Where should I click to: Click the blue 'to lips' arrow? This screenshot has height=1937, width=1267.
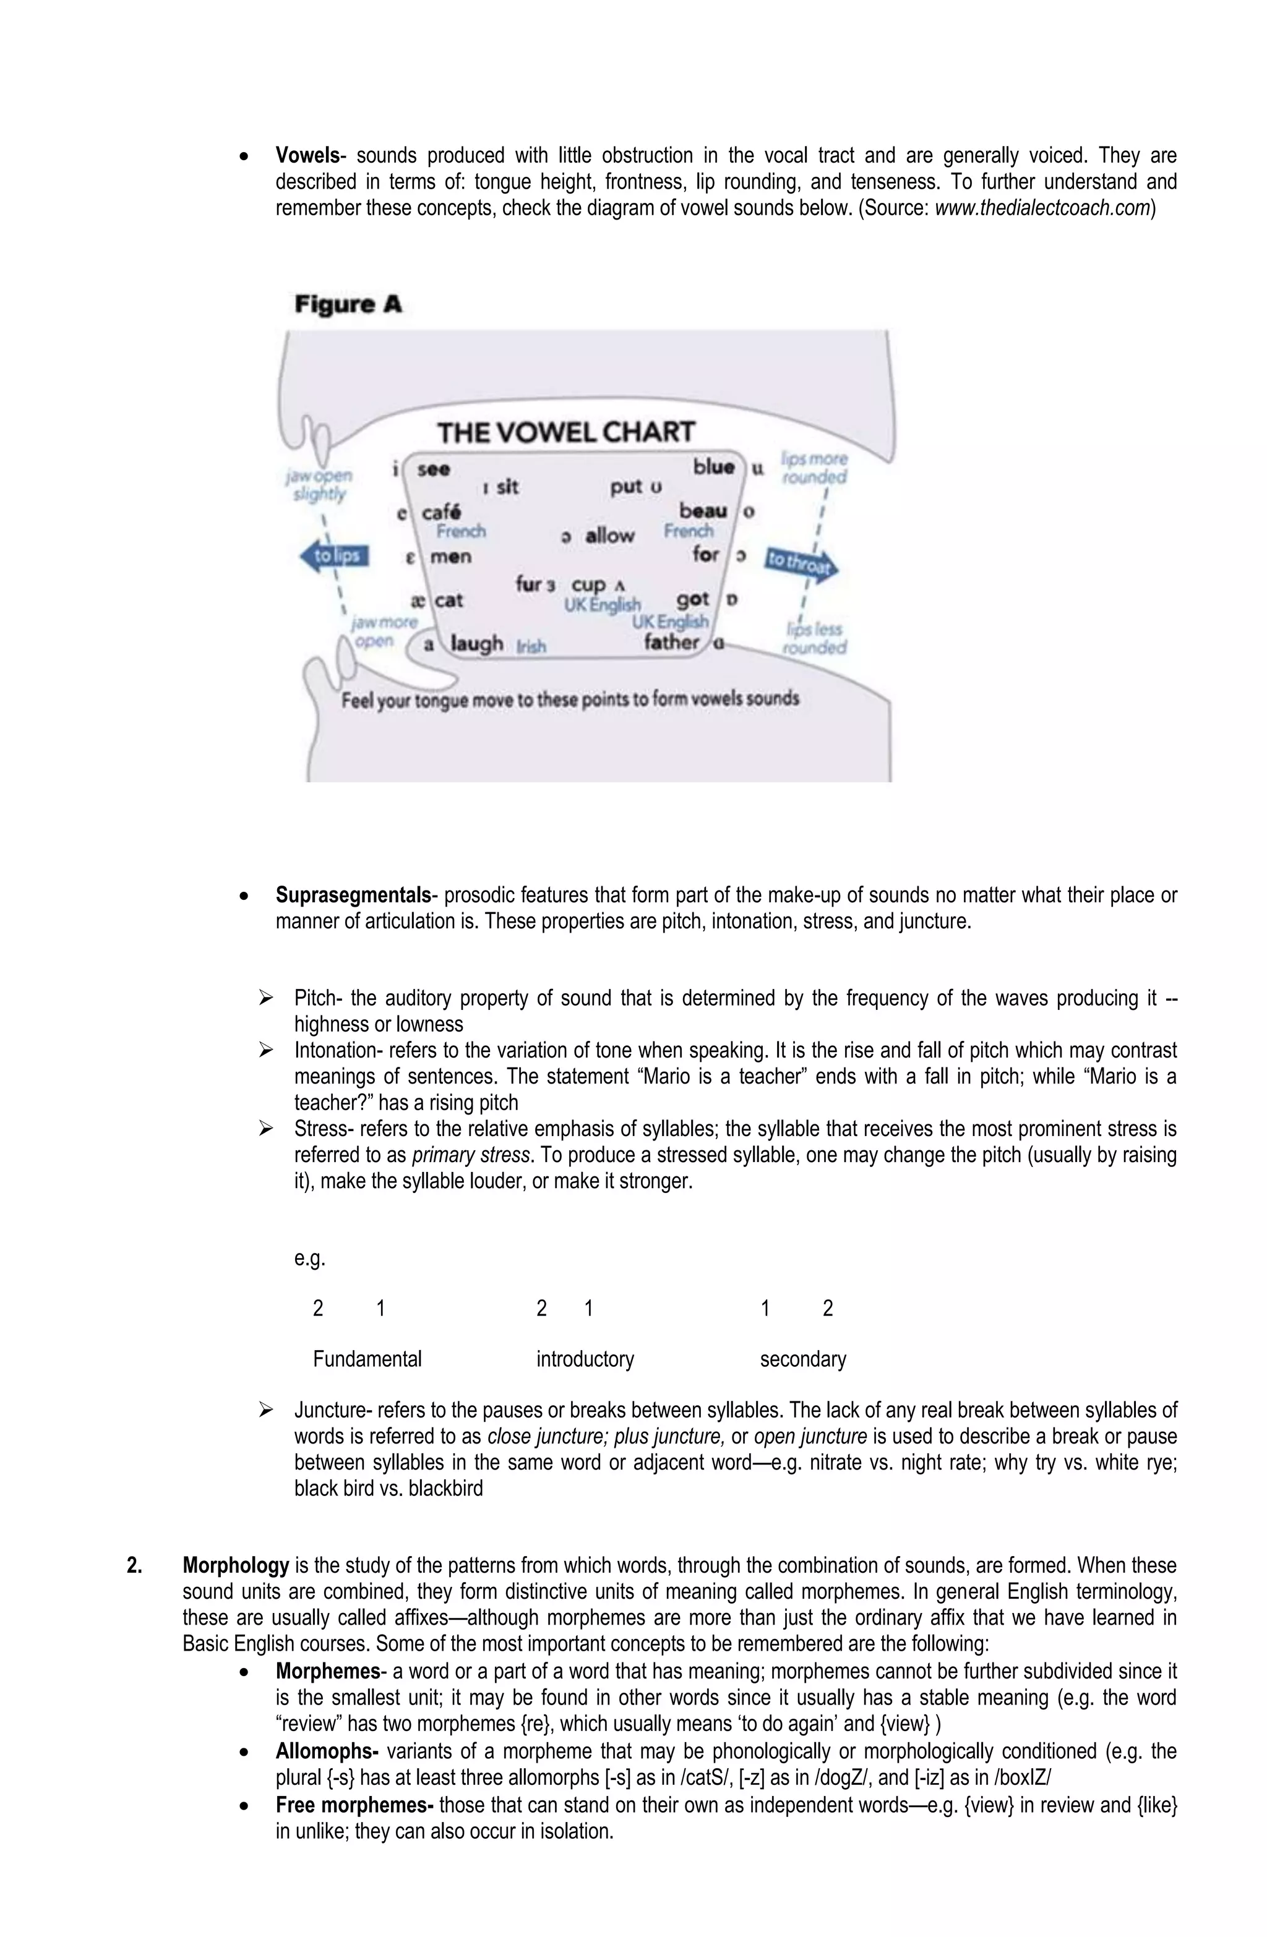coord(335,557)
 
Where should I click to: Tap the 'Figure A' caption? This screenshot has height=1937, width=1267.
coord(348,304)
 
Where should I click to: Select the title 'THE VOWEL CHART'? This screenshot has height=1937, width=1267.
coord(566,431)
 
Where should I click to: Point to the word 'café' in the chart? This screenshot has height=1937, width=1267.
coord(441,512)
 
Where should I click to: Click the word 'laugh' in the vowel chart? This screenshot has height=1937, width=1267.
coord(476,644)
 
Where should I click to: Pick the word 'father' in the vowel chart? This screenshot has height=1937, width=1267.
coord(672,642)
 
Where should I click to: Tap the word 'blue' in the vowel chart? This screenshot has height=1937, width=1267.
coord(714,467)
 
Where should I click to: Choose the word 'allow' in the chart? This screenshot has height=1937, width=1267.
coord(609,536)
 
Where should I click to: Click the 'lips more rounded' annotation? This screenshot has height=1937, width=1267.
coord(814,468)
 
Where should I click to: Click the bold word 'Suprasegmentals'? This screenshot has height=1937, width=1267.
coord(353,896)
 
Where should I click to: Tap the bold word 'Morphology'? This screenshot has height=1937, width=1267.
coord(236,1565)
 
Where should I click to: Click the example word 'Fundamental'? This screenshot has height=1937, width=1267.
coord(367,1358)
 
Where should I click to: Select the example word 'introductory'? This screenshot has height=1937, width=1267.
coord(585,1358)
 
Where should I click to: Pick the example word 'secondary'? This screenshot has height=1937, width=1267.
coord(803,1358)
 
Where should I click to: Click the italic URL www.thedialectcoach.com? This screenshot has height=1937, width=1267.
coord(1042,208)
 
